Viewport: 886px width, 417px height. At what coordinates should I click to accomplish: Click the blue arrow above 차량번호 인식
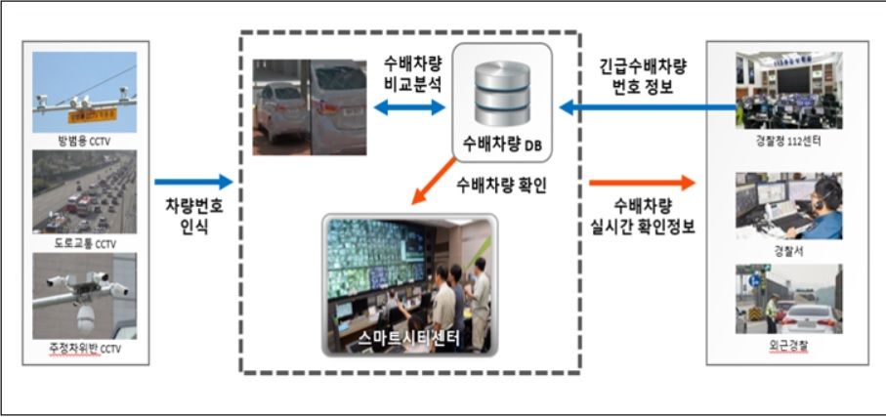point(193,182)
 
